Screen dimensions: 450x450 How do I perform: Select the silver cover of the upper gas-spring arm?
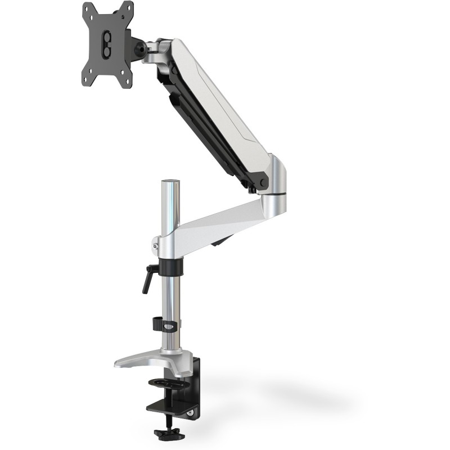pyautogui.click(x=225, y=96)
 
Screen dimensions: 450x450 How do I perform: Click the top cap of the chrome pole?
pyautogui.click(x=170, y=183)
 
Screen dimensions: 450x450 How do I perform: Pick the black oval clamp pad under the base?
pyautogui.click(x=169, y=384)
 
